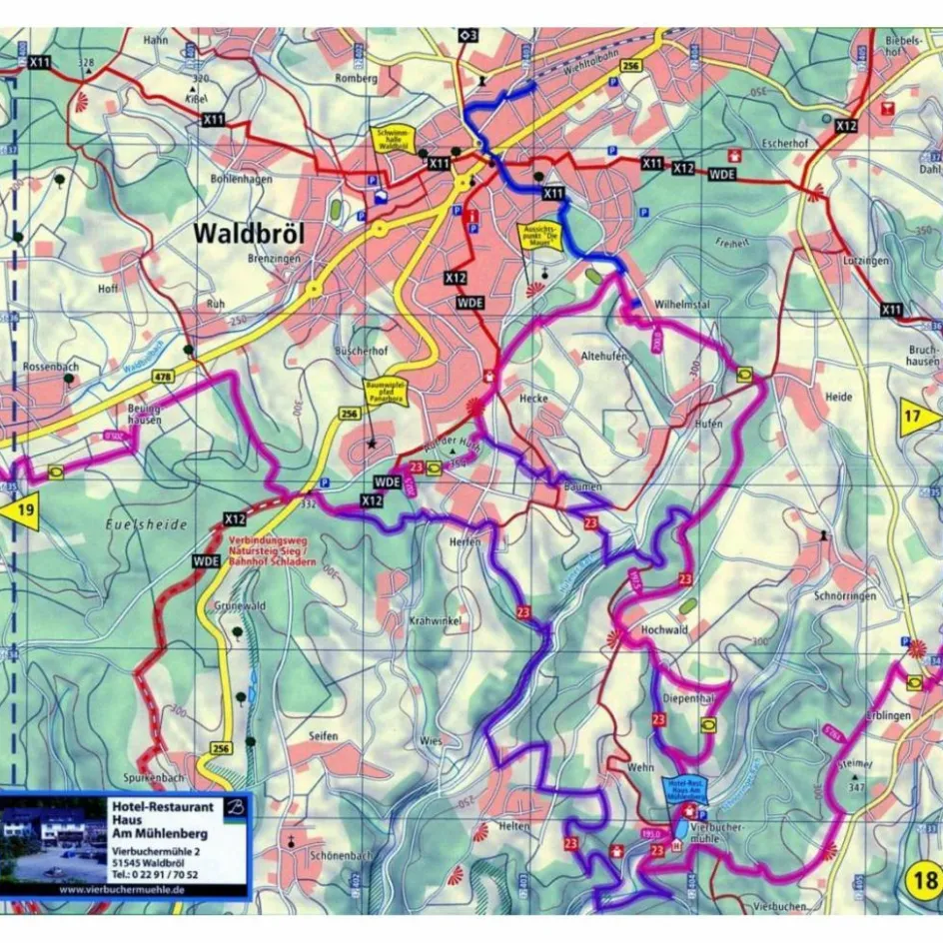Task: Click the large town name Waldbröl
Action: [249, 233]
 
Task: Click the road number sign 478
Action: [163, 377]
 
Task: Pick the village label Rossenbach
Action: [50, 367]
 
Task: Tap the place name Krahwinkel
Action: [434, 621]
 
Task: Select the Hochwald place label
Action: [663, 630]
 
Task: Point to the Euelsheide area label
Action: [132, 523]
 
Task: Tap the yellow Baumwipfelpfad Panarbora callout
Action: [385, 396]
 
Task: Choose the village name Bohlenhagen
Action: [242, 179]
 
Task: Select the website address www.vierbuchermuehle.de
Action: [122, 888]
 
